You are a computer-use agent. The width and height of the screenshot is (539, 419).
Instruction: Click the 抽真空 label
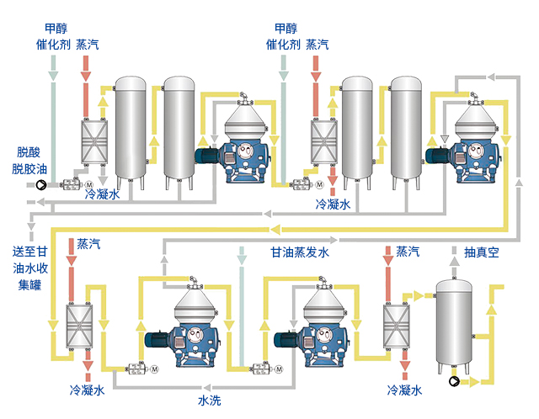(482, 252)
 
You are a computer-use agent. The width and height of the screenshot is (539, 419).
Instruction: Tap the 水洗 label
(210, 400)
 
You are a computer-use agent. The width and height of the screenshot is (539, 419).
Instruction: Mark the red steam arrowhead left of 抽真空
(387, 267)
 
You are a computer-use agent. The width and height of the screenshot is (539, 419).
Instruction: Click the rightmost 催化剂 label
(282, 44)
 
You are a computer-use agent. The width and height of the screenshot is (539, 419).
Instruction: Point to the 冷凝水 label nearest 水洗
(88, 391)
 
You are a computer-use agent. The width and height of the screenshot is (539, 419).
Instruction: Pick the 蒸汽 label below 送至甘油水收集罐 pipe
(88, 244)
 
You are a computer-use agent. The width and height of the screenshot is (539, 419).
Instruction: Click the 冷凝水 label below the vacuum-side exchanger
(403, 390)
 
